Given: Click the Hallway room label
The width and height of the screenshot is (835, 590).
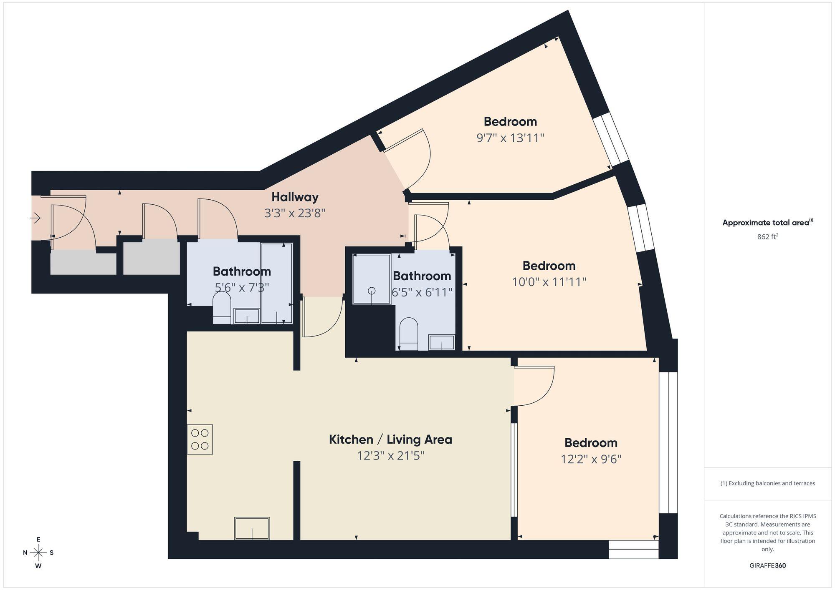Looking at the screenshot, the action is click(x=295, y=197).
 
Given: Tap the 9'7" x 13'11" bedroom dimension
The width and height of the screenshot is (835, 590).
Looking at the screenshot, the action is click(x=510, y=138).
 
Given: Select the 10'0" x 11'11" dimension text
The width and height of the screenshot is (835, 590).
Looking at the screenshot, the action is click(x=549, y=282).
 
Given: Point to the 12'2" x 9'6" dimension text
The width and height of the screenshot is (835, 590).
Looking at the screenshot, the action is click(x=591, y=459).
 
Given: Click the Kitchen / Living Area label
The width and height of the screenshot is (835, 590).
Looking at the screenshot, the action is click(x=390, y=439).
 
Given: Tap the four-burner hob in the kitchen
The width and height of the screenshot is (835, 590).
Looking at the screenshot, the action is click(x=200, y=439).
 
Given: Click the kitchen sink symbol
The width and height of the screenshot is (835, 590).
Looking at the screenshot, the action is click(x=252, y=528).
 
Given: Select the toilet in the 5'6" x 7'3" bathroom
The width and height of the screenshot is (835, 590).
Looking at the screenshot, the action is click(x=222, y=307).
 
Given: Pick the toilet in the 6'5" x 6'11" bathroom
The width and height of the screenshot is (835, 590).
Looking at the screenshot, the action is click(x=409, y=334).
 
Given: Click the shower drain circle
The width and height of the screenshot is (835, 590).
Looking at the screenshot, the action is click(x=372, y=291).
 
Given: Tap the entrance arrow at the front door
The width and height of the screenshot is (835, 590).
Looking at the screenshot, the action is click(x=35, y=218).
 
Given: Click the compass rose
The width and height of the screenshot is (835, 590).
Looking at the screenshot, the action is click(x=38, y=553).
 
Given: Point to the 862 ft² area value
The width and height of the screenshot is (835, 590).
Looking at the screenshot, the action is click(x=767, y=236).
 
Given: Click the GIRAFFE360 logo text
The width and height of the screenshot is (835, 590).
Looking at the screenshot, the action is click(x=767, y=566).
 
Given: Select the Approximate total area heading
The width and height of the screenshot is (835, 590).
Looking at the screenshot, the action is click(x=767, y=223).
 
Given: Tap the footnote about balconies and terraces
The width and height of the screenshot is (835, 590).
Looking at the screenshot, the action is click(x=767, y=483).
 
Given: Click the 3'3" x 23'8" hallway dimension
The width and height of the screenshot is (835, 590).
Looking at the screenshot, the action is click(x=295, y=213).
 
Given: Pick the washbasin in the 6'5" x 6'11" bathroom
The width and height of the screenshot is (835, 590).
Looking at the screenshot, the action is click(x=442, y=342).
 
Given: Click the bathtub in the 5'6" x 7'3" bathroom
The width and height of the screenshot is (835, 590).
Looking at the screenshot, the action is click(x=276, y=284).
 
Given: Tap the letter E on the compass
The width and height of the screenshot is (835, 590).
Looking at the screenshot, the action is click(x=38, y=540).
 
